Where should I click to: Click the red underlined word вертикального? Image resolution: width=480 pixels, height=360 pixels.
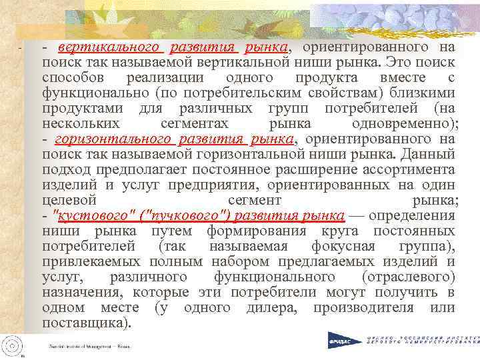(109, 48)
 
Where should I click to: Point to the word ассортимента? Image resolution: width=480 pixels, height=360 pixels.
(413, 169)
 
